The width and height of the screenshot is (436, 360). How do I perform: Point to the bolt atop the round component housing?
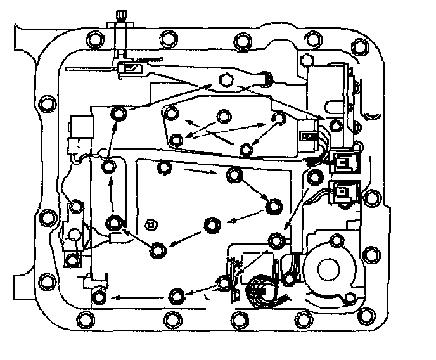[x=335, y=243]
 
